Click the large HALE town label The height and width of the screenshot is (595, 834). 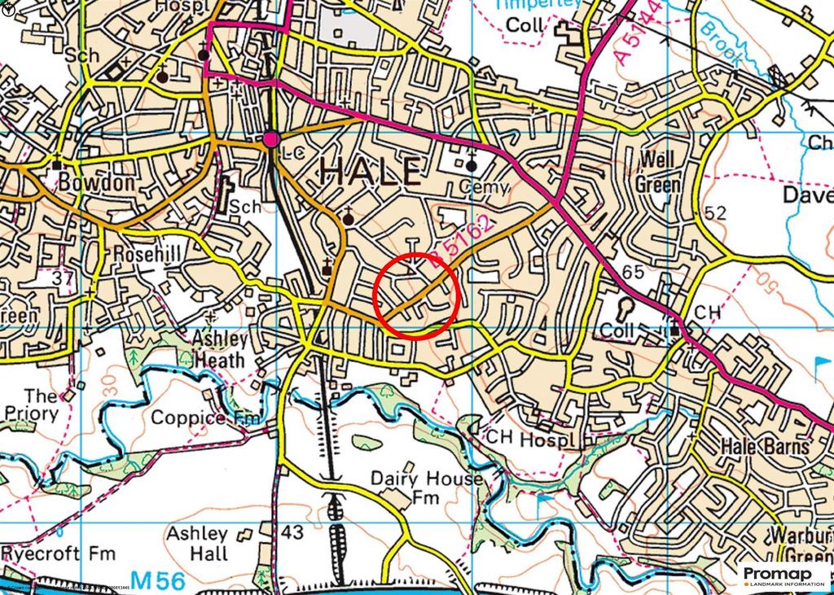pos(371,172)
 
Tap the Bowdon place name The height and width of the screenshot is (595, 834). pos(96,183)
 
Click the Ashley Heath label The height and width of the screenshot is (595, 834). pos(219,348)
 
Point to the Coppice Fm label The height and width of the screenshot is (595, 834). pos(207,418)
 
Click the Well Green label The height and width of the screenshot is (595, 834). pos(660,172)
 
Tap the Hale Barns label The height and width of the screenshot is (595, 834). pos(766,447)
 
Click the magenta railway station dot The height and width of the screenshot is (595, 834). pos(271,140)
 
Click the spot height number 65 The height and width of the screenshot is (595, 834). pos(632,270)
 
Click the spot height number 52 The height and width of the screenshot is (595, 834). pos(715,213)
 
